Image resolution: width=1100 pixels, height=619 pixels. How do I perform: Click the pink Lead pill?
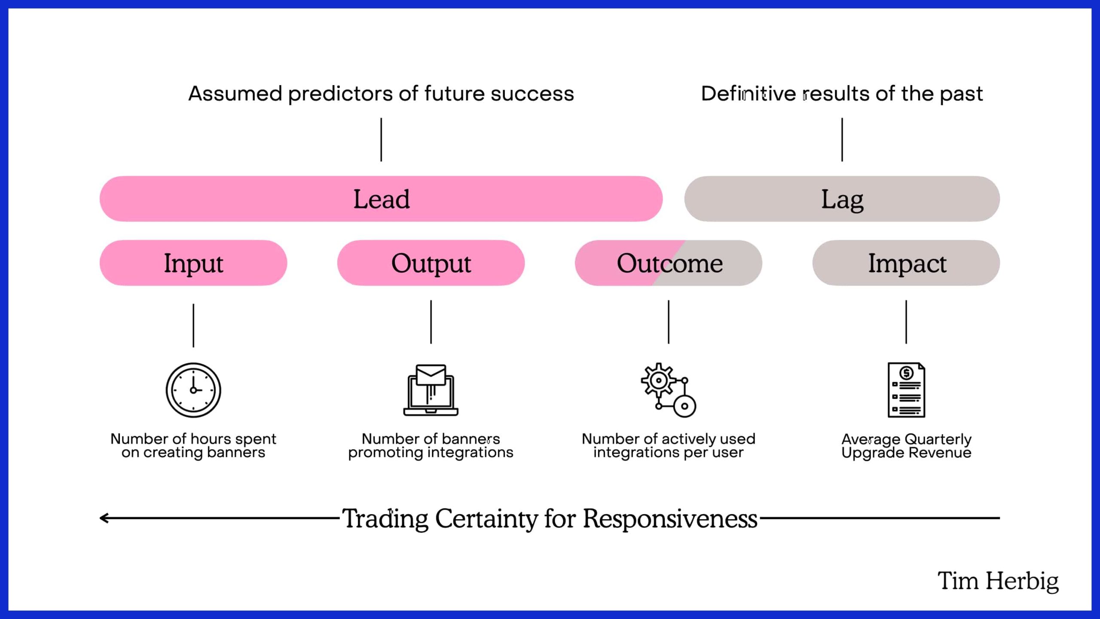click(381, 199)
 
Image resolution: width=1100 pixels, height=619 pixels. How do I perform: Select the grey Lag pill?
click(842, 199)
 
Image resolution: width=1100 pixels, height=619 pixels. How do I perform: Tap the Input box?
click(193, 263)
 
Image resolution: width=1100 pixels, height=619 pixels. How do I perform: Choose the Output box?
click(431, 263)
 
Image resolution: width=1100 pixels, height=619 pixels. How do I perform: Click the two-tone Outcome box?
click(669, 263)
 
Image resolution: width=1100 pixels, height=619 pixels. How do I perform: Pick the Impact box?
click(906, 263)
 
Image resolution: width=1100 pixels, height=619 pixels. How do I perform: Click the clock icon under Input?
click(193, 390)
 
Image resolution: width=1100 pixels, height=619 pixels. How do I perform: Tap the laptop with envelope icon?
click(431, 390)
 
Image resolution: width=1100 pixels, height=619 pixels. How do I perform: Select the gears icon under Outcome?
click(669, 390)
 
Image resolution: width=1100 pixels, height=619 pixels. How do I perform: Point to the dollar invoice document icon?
click(906, 390)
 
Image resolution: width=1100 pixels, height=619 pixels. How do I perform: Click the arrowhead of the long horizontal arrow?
click(103, 518)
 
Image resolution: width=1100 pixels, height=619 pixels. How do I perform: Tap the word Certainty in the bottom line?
click(486, 518)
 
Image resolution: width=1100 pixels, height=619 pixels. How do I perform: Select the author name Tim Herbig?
click(998, 581)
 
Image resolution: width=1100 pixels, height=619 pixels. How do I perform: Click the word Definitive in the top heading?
click(748, 93)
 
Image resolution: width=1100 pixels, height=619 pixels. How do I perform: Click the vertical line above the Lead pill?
click(381, 140)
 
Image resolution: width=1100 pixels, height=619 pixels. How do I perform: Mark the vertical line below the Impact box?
click(906, 322)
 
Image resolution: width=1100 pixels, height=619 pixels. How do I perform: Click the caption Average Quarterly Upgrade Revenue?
click(906, 446)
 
